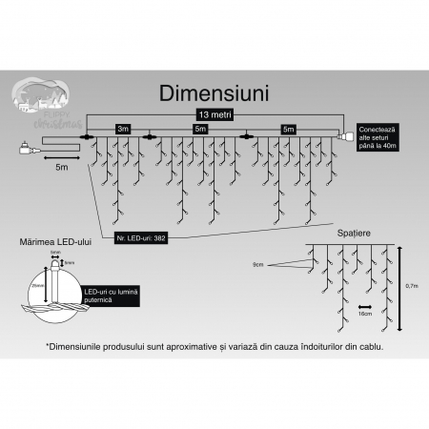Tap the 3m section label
coord(122,127)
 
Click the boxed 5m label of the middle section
coord(198,127)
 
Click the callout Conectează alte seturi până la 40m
coord(377,134)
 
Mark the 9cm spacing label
coord(258,263)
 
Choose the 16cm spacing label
coord(363,312)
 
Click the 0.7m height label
coord(411,285)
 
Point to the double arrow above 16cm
coord(363,302)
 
